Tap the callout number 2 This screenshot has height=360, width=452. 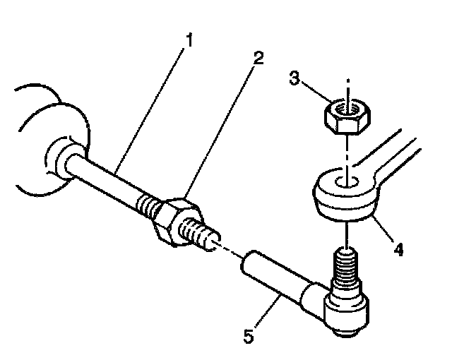[258, 59]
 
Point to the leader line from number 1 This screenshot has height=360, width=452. [152, 102]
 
